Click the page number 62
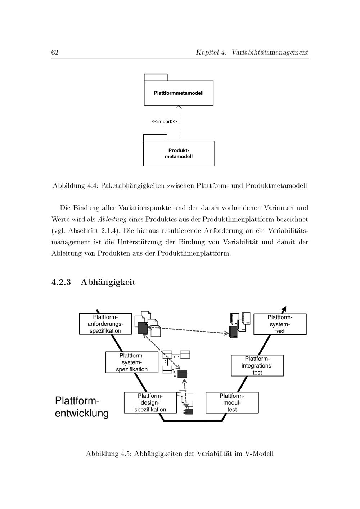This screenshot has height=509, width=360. (x=55, y=53)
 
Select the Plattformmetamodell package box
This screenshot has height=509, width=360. (x=179, y=93)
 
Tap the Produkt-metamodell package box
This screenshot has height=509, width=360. (x=179, y=153)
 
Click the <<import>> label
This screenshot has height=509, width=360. (x=164, y=122)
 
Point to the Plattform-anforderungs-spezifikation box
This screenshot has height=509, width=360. (x=105, y=324)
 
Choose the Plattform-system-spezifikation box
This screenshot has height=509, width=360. (x=132, y=362)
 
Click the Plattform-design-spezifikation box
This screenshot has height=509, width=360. (x=150, y=403)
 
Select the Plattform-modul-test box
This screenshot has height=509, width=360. (x=232, y=403)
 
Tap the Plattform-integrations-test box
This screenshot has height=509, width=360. (x=257, y=366)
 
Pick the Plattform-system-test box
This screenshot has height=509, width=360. (x=280, y=324)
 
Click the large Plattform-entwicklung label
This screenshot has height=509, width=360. (x=82, y=407)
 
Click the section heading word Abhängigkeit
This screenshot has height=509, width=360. (x=108, y=282)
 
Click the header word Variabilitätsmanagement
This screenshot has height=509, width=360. (x=270, y=53)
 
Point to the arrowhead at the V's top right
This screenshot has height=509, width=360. (x=284, y=309)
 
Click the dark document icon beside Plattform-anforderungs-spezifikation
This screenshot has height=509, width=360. (x=143, y=328)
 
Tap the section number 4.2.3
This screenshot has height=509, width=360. (x=61, y=282)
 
